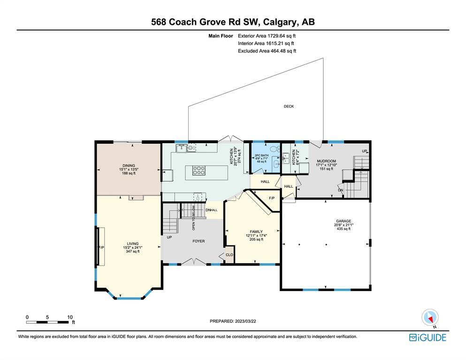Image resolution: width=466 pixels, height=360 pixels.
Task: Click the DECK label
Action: point(289,106)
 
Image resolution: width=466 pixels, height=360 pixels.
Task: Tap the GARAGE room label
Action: point(344,221)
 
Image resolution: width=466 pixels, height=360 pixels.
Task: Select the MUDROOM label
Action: point(326,161)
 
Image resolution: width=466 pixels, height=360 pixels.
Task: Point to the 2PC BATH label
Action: point(261,155)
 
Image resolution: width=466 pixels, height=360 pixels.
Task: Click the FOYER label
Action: point(199,241)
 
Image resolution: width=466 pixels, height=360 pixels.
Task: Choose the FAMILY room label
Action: point(256,231)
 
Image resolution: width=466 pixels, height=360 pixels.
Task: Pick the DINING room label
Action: point(129,166)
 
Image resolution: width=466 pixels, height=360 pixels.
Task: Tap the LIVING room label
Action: point(132,244)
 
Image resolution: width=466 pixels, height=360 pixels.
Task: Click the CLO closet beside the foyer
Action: point(229,254)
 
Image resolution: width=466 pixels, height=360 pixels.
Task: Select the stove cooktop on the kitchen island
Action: point(199,170)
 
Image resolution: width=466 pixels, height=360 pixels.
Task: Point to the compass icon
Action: point(430,318)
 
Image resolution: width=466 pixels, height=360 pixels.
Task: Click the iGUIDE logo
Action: point(428,337)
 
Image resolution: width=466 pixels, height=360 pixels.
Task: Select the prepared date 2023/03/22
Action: point(245,321)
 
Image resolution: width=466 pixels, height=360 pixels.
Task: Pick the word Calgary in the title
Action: point(280,22)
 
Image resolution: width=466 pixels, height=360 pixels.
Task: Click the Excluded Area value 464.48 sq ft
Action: point(283,51)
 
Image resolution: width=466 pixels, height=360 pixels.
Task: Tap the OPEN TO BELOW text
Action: point(193,218)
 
